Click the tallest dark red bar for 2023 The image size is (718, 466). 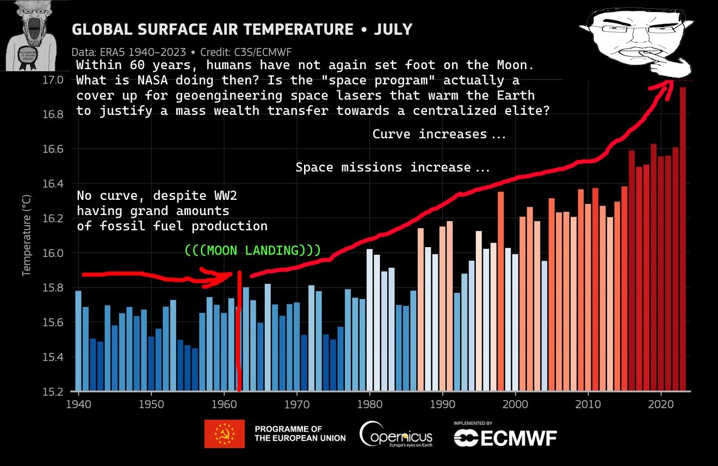[683, 240]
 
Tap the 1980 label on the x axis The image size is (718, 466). [370, 404]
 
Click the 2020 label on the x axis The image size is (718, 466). [661, 404]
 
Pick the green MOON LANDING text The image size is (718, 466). [252, 250]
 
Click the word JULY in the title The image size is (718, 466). [393, 29]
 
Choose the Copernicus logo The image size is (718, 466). [396, 435]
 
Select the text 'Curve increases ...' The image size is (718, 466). [438, 134]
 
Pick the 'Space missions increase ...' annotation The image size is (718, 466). [392, 167]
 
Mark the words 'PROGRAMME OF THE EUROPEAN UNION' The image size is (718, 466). [300, 434]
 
